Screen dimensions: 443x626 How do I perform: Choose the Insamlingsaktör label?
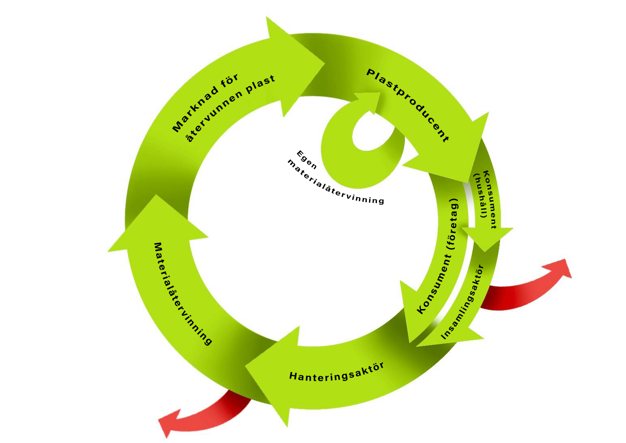[463, 302]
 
